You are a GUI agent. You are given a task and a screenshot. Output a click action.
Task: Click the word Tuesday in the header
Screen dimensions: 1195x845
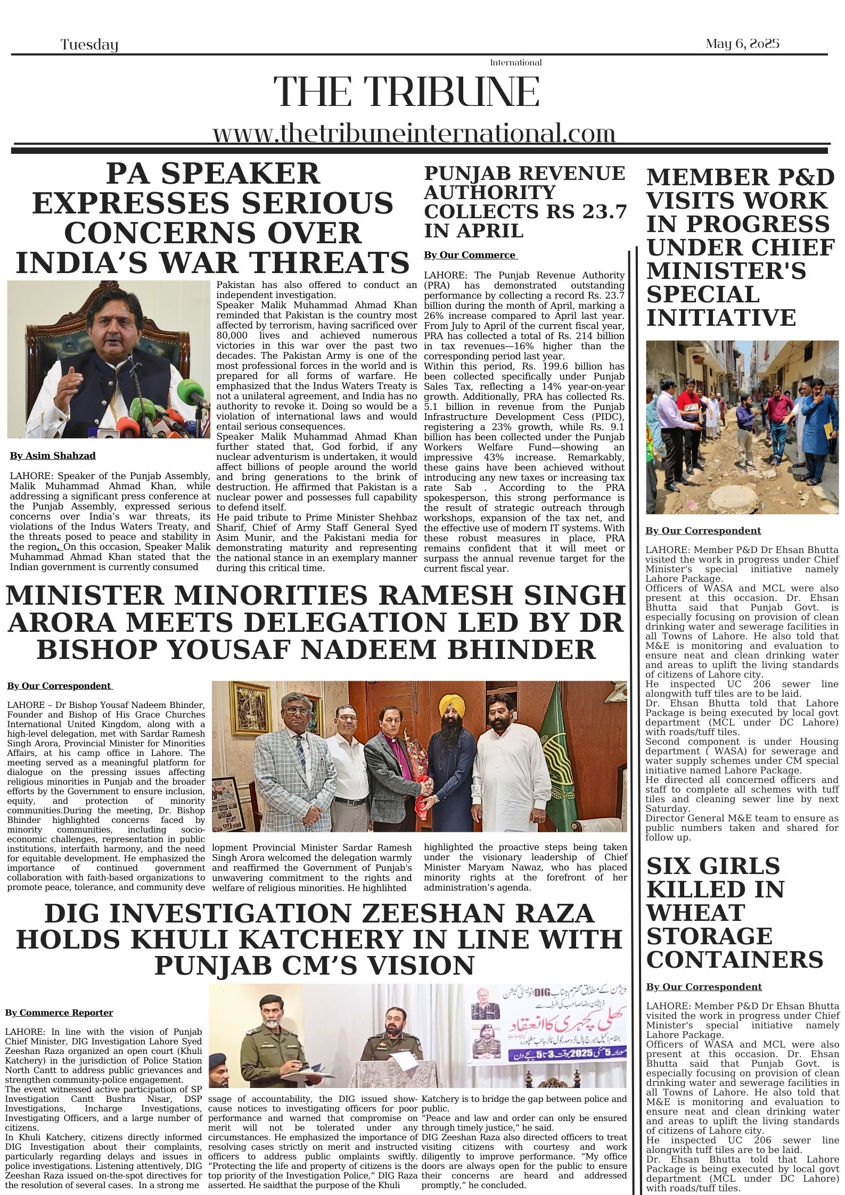pyautogui.click(x=89, y=45)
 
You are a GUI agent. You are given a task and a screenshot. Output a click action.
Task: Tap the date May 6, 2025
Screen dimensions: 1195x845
pyautogui.click(x=742, y=44)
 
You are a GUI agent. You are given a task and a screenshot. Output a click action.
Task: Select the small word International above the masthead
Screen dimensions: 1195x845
pyautogui.click(x=515, y=63)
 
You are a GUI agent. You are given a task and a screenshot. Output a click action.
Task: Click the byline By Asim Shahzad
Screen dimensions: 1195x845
pyautogui.click(x=53, y=456)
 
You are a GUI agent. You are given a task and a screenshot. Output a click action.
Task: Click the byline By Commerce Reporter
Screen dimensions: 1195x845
pyautogui.click(x=59, y=1012)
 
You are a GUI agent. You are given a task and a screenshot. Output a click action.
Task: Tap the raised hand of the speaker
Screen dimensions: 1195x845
pyautogui.click(x=68, y=380)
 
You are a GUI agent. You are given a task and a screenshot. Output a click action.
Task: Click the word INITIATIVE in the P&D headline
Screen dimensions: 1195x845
pyautogui.click(x=721, y=318)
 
